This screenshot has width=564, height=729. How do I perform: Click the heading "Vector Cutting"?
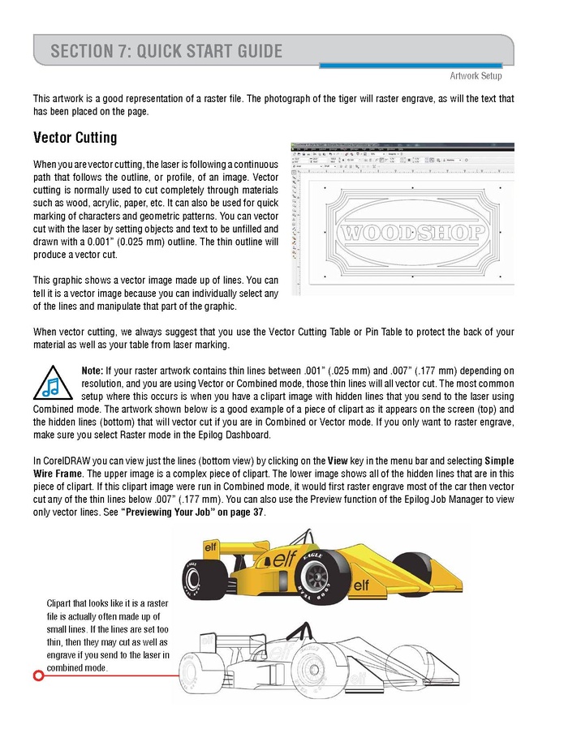coord(75,138)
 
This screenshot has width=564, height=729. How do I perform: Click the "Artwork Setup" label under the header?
coord(476,76)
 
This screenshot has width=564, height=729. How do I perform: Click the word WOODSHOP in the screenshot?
coord(414,234)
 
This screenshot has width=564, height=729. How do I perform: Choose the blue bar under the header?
coord(414,65)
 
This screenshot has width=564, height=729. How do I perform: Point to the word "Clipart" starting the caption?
coord(62,603)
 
